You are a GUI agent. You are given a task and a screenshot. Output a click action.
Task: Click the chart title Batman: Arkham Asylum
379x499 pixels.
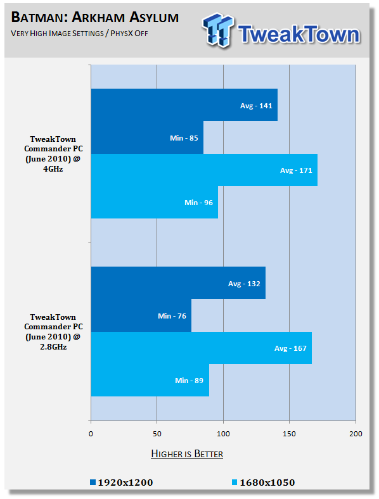point(95,17)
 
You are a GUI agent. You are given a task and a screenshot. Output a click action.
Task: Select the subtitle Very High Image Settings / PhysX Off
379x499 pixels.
point(79,34)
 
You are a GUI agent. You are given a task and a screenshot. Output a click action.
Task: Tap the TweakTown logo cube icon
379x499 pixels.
point(218,30)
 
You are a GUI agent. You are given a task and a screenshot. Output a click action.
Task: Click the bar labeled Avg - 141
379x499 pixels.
point(184,104)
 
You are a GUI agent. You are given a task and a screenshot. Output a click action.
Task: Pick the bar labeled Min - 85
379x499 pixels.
point(147,137)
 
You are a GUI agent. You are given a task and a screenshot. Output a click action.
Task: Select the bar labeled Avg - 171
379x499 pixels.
point(204,170)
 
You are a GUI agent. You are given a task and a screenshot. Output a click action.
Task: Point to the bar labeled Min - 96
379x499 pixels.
point(155,203)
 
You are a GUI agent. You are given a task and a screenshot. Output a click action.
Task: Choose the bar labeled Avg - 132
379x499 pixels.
point(178,283)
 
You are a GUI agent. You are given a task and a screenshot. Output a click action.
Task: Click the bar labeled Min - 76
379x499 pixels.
point(141,315)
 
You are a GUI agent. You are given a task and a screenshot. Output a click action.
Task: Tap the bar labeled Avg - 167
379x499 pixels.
point(202,348)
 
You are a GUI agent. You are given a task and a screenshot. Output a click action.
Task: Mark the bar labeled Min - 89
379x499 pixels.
point(150,381)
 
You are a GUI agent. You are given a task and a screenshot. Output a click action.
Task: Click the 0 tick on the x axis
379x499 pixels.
point(91,434)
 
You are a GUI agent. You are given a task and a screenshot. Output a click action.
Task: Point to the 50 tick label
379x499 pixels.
point(157,434)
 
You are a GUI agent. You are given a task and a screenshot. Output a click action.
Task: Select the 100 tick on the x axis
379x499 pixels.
point(223,434)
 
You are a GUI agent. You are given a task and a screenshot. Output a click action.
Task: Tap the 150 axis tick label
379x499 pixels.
point(289,434)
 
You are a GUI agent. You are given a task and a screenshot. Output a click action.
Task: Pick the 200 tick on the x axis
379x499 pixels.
point(356,434)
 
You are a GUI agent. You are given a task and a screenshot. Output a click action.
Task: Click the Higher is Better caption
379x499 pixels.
point(187,453)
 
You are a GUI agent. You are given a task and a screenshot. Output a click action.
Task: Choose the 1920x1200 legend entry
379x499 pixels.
point(121,483)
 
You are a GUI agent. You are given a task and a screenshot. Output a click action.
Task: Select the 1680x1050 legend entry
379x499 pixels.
point(264,483)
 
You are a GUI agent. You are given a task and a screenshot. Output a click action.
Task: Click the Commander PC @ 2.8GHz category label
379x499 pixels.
point(53,332)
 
